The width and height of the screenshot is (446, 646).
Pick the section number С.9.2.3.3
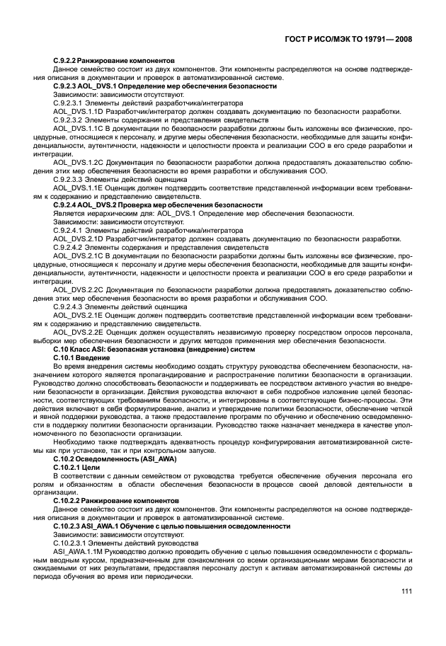coord(69,180)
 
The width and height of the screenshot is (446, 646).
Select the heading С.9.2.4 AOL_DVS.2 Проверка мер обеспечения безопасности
coord(157,205)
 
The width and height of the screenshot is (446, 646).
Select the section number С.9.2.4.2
coord(69,247)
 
